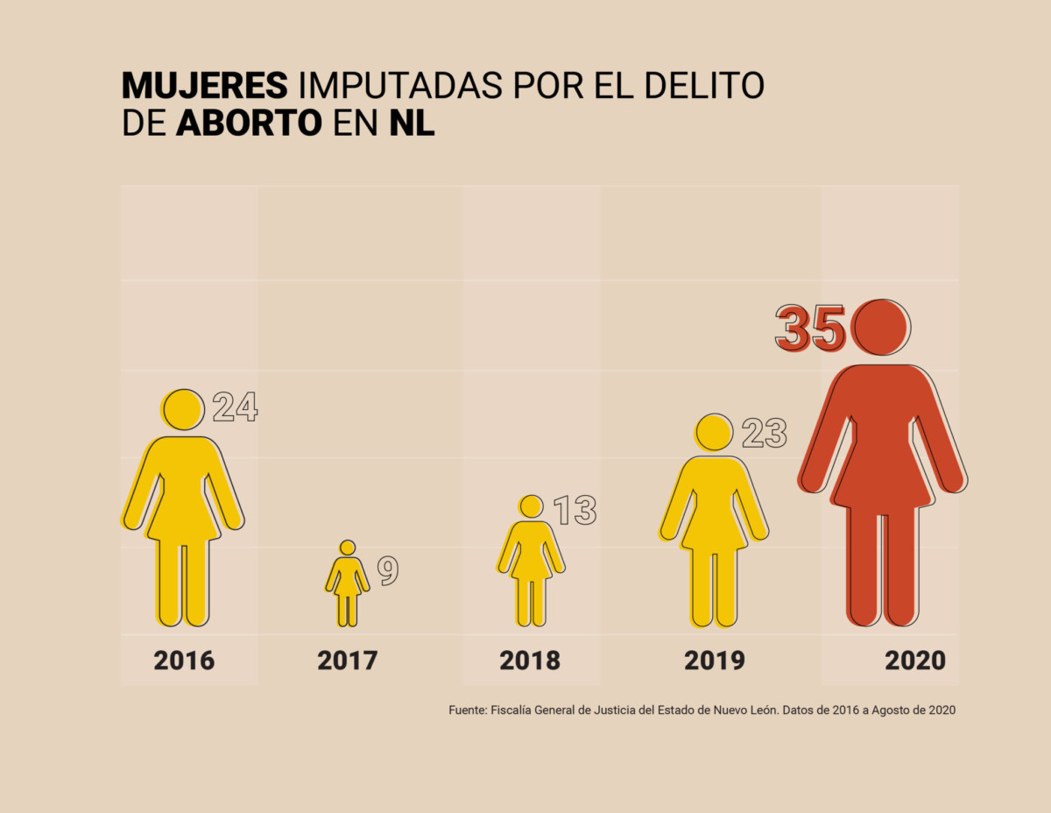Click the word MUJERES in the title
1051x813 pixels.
(204, 85)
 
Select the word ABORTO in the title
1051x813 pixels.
(249, 124)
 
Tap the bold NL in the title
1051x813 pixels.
(412, 124)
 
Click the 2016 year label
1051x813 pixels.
(184, 661)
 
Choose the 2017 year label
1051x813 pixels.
(348, 661)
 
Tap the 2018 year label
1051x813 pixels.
(530, 661)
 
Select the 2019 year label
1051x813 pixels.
(715, 661)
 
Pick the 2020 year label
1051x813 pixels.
(915, 661)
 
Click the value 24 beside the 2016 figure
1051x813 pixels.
(235, 407)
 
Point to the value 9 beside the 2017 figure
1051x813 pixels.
(388, 570)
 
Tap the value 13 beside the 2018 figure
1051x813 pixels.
(575, 510)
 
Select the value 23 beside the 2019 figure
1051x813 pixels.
(765, 434)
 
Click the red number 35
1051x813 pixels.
(809, 328)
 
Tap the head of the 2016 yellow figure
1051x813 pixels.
(183, 409)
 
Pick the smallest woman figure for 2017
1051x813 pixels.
(348, 585)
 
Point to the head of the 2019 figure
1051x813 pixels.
(715, 431)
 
